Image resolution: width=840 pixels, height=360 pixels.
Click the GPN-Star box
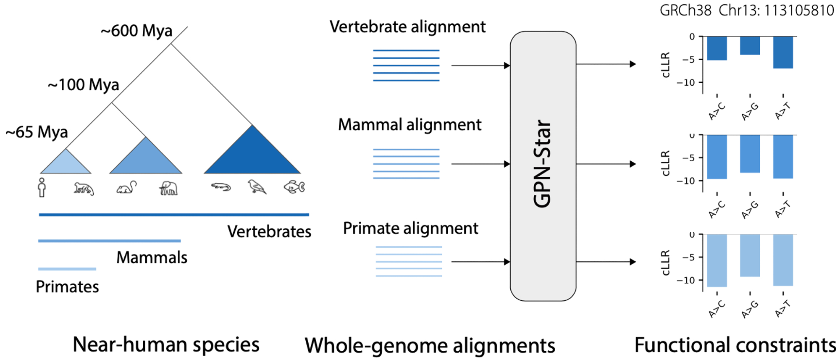click(543, 166)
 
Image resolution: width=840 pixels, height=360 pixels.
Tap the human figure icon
click(42, 187)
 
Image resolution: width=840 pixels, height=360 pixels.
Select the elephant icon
click(168, 188)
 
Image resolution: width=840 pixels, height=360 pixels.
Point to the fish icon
click(294, 187)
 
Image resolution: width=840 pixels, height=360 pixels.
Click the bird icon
click(257, 186)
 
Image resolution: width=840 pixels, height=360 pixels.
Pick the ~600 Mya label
click(136, 31)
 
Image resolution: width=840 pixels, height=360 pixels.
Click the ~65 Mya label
click(37, 132)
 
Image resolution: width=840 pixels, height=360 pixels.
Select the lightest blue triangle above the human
click(66, 163)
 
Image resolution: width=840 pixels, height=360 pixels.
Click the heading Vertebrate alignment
click(407, 27)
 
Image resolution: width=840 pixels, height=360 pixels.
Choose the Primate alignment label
click(410, 228)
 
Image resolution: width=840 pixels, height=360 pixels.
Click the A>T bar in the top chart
click(783, 52)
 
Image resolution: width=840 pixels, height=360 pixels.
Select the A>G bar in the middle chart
click(750, 154)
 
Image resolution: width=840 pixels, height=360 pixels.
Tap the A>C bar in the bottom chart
click(717, 260)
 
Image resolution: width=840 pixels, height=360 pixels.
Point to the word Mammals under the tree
click(152, 258)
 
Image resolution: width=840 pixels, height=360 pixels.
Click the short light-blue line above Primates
click(67, 269)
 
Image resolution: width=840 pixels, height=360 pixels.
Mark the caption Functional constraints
click(735, 345)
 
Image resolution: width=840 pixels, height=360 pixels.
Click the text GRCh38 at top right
click(685, 10)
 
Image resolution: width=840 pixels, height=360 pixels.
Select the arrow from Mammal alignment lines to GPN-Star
click(480, 164)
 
